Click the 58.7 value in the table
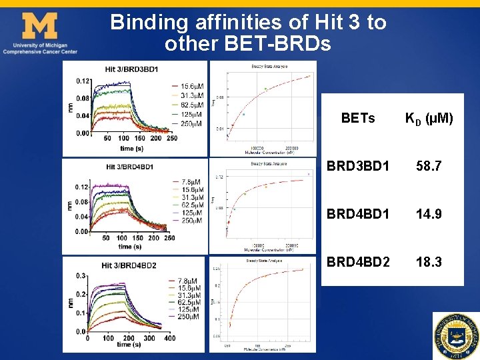pos(428,166)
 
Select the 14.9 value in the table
pos(428,214)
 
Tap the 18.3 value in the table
pos(428,262)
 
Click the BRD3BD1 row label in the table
pos(357,166)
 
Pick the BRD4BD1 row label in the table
pos(357,214)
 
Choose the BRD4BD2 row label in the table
pos(357,262)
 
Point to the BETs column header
pos(357,119)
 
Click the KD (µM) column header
pos(429,119)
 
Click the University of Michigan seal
pos(456,335)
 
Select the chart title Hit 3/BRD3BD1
pos(131,69)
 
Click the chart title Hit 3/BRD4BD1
pos(129,167)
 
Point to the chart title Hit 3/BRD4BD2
pos(129,265)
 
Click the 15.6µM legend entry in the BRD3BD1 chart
pos(187,87)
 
